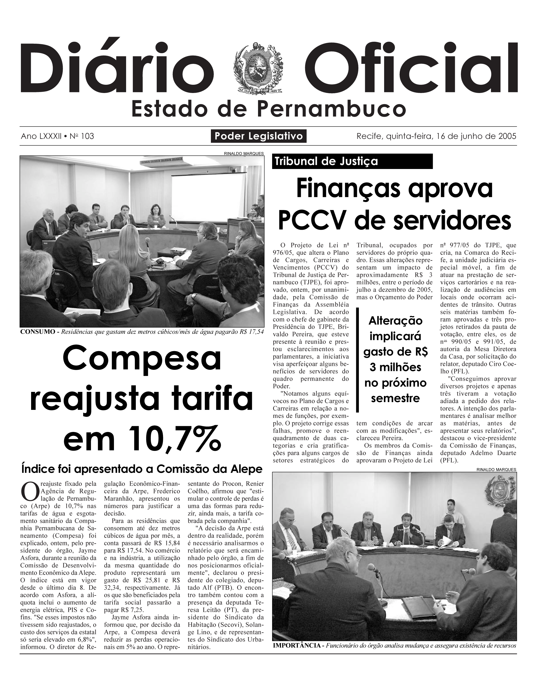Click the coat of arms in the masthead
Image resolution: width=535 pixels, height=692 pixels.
259,68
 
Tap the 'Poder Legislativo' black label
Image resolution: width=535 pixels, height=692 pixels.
259,136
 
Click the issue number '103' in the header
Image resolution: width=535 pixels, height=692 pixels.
87,136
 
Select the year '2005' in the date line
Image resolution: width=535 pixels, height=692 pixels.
507,136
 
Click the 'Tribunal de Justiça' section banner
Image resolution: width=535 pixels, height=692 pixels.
352,161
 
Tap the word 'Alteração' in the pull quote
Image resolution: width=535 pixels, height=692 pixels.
395,321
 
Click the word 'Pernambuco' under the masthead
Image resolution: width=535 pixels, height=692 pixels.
331,109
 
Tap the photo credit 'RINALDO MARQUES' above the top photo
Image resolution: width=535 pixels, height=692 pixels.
243,154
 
